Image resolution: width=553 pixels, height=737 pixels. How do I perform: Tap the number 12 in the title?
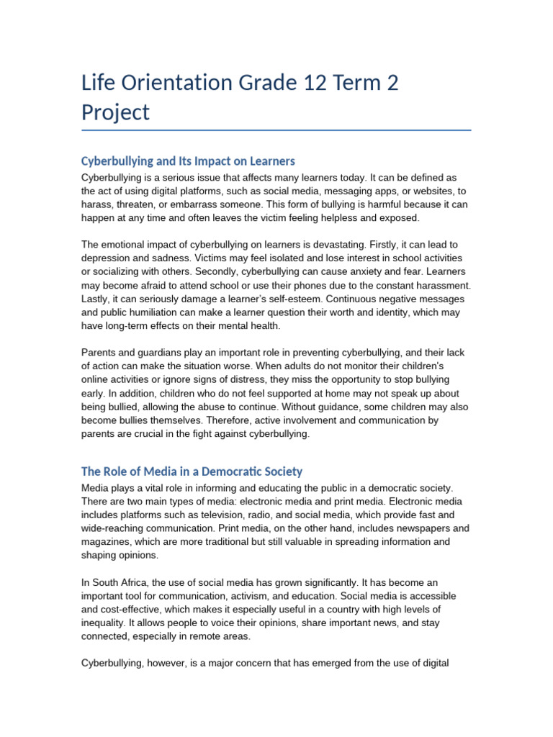tap(316, 83)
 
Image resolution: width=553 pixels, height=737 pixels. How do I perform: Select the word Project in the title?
tap(116, 112)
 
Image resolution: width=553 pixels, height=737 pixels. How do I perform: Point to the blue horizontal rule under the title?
tap(276, 130)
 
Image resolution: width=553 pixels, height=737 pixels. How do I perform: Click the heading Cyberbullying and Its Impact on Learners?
tap(188, 160)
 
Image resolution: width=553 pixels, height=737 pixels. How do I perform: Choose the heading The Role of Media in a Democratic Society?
tap(192, 471)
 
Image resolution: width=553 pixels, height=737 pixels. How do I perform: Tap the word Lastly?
tap(96, 299)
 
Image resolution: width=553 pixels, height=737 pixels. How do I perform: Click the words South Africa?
tap(120, 582)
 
